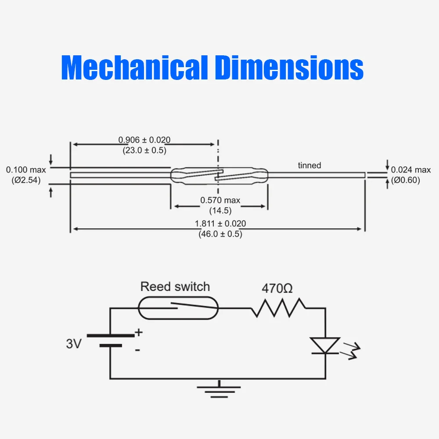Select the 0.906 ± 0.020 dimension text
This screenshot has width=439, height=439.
pyautogui.click(x=144, y=140)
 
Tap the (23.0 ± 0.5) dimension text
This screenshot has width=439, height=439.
pyautogui.click(x=144, y=150)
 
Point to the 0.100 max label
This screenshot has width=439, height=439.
pyautogui.click(x=23, y=170)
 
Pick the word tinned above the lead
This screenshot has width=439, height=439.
pyautogui.click(x=309, y=166)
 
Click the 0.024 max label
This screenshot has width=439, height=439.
pyautogui.click(x=411, y=170)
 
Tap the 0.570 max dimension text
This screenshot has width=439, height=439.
pyautogui.click(x=220, y=200)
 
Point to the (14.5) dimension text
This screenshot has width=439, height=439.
pyautogui.click(x=220, y=210)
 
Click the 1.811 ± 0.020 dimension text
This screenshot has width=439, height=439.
pyautogui.click(x=220, y=224)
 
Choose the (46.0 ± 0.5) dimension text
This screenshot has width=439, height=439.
pyautogui.click(x=220, y=234)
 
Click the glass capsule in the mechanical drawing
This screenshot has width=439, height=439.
pyautogui.click(x=218, y=175)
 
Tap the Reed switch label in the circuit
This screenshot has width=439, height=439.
pyautogui.click(x=175, y=287)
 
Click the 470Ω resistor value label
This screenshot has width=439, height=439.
pyautogui.click(x=277, y=289)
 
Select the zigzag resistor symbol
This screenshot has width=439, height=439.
pyautogui.click(x=278, y=308)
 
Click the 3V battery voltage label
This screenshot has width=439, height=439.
pyautogui.click(x=74, y=343)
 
